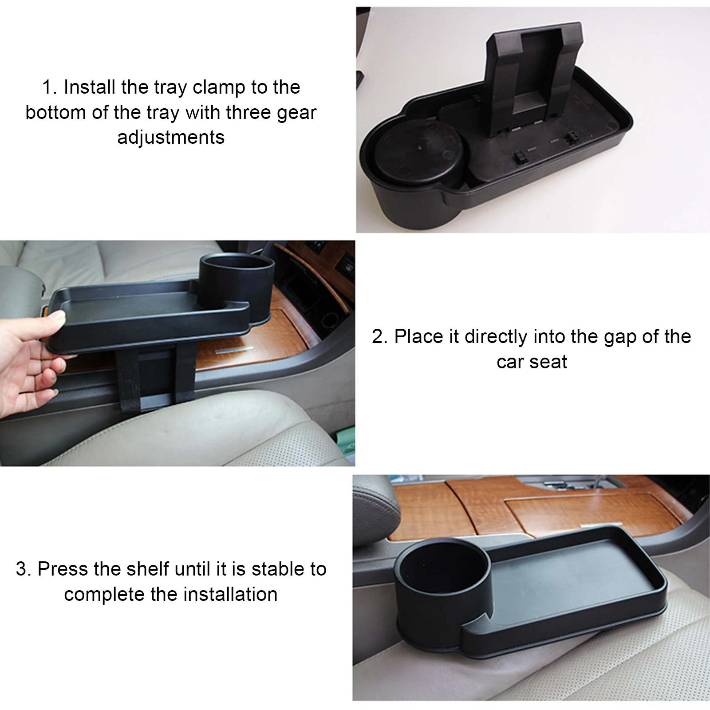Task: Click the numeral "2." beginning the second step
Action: (x=379, y=337)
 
